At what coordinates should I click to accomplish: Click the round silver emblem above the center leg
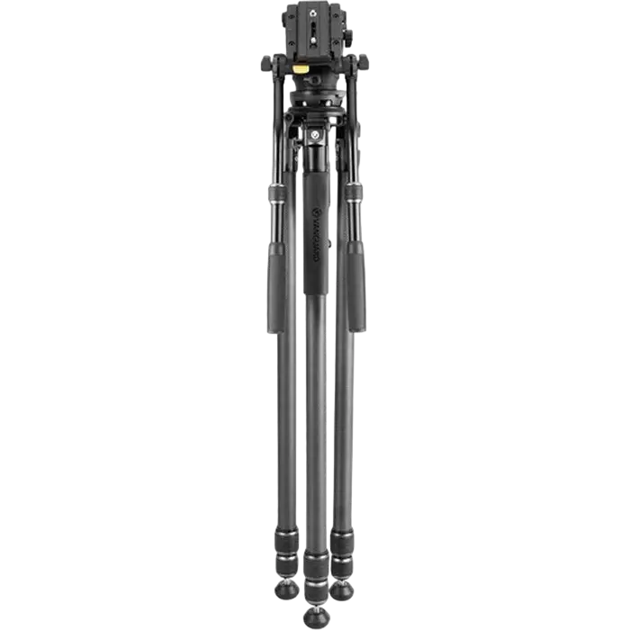coord(314,135)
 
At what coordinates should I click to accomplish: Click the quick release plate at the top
coord(315,27)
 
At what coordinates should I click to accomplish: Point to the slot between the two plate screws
coord(315,28)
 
